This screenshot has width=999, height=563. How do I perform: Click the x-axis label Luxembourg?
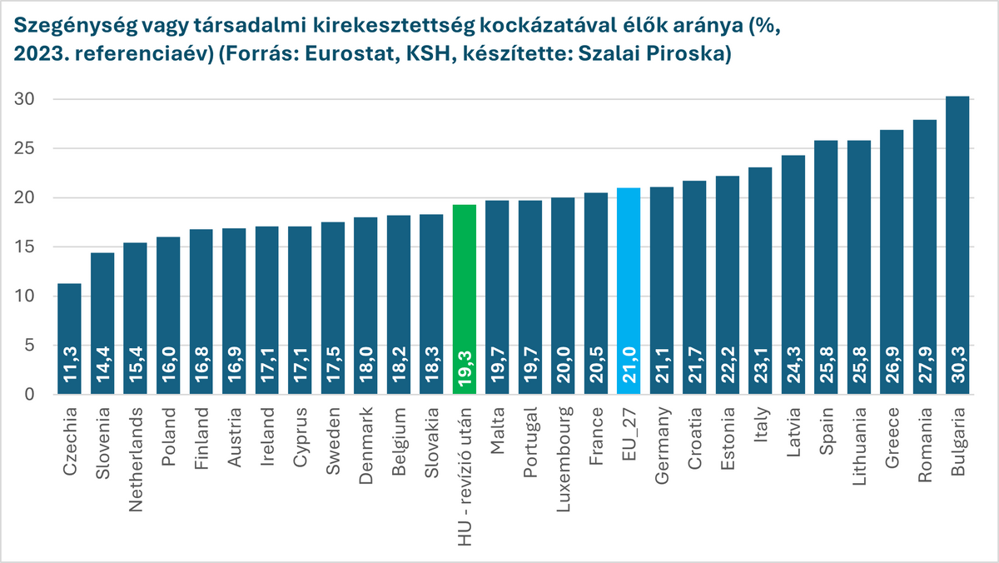pyautogui.click(x=564, y=450)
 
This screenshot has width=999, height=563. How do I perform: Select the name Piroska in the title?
pyautogui.click(x=695, y=55)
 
